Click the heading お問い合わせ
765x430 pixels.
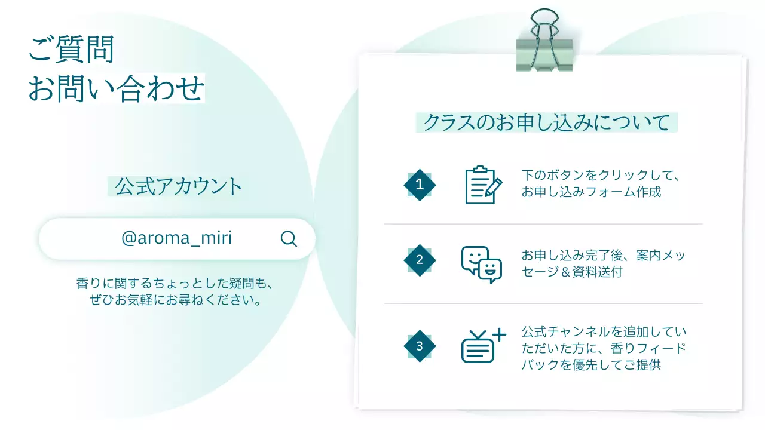[117, 88]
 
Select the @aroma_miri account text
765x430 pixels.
[176, 238]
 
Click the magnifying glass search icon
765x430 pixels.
[289, 239]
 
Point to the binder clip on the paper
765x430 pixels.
[544, 42]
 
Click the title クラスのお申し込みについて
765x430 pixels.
[546, 122]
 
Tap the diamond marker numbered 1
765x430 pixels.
[420, 185]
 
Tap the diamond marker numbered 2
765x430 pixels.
[420, 260]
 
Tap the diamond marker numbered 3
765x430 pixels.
[420, 346]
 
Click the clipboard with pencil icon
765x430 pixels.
[483, 185]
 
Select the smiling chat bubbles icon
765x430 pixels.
[481, 264]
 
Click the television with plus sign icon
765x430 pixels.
[483, 346]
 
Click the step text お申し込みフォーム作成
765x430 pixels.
[591, 192]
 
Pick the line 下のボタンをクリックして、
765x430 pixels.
[601, 176]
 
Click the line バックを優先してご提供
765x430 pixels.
[591, 365]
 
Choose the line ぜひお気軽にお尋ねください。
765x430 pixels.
[176, 300]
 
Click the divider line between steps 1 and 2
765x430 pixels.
[543, 224]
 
